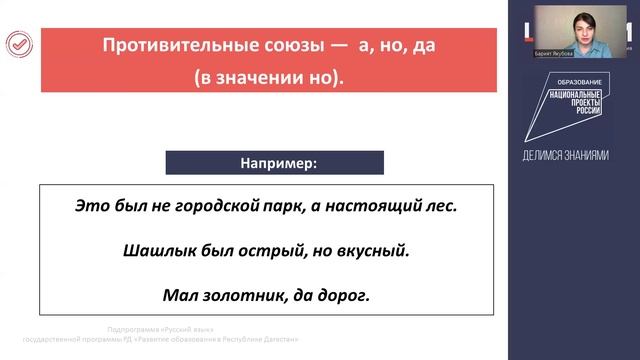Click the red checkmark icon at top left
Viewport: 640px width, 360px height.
(19, 44)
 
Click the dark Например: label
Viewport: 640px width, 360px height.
(274, 162)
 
